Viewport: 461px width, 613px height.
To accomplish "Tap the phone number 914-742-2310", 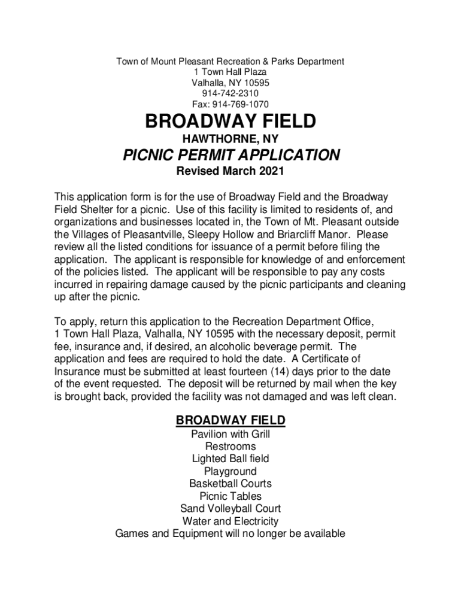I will tap(230, 93).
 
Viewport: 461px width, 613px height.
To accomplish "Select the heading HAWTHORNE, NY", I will tap(230, 139).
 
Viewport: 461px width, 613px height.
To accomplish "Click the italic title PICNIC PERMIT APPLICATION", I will tap(231, 156).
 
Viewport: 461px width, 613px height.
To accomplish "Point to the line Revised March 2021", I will tap(230, 172).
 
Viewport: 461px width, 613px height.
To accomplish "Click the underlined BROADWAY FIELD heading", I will tap(230, 420).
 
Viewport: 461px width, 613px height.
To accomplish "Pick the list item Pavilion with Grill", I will tap(230, 434).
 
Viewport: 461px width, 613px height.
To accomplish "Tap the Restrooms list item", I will tap(230, 447).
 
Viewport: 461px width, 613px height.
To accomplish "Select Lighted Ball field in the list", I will tap(230, 459).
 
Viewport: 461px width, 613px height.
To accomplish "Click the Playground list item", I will tap(230, 471).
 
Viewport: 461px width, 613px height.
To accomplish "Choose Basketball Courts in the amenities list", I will tap(230, 484).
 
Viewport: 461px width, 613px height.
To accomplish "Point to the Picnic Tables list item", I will tap(230, 496).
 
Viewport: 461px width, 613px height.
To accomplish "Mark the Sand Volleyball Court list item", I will tap(230, 509).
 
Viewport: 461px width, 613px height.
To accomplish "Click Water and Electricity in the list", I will tap(230, 521).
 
